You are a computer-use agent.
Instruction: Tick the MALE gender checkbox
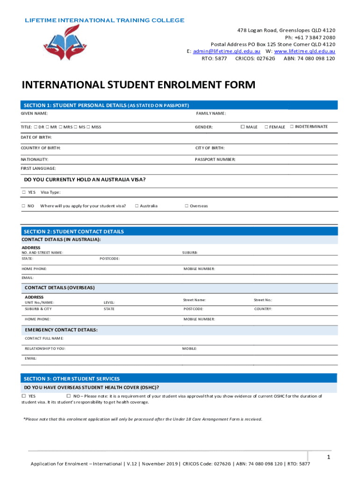click(x=243, y=127)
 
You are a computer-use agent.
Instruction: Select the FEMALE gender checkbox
click(x=266, y=127)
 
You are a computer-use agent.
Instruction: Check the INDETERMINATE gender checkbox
click(x=292, y=126)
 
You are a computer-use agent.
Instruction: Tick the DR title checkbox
click(x=36, y=127)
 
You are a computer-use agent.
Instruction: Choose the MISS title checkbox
click(x=88, y=127)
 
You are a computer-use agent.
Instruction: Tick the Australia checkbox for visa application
click(x=137, y=206)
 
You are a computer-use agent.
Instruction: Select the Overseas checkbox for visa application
click(x=186, y=206)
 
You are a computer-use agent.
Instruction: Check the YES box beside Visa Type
click(x=24, y=192)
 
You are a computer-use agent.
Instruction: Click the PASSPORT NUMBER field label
click(x=215, y=160)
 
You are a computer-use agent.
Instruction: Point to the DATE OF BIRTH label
click(x=36, y=137)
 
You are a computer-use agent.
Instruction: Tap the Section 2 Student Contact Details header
click(x=74, y=232)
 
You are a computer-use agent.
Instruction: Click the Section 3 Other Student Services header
click(x=72, y=378)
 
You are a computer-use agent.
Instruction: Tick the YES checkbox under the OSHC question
click(x=24, y=396)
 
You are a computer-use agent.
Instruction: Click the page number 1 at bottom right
click(x=329, y=457)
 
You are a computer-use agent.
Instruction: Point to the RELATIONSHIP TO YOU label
click(x=45, y=348)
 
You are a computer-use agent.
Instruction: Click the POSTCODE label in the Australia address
click(x=109, y=258)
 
